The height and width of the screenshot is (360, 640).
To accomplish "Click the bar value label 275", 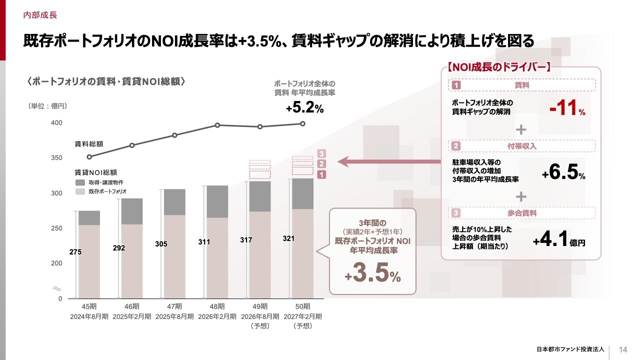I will pos(75,252).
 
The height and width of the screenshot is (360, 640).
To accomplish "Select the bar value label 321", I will pos(288,239).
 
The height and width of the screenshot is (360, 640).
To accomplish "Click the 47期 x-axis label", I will pos(173,306).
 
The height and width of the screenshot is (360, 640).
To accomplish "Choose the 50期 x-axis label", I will pos(303,306).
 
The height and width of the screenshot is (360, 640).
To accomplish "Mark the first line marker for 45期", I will pos(89,157).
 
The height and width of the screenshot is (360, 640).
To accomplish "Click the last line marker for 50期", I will pos(303,123).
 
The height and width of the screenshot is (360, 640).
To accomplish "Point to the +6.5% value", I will pos(563,173).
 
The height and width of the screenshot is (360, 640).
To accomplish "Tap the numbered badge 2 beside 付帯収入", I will pos(456,146).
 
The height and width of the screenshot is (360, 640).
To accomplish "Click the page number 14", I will pos(623,349).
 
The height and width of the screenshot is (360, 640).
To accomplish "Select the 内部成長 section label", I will pos(40,15).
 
